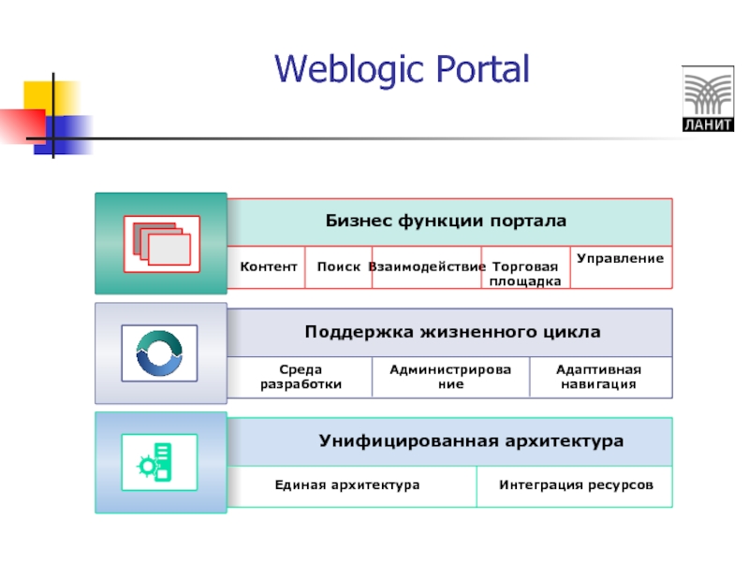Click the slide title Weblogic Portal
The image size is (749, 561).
[402, 68]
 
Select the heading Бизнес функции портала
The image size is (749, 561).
[446, 222]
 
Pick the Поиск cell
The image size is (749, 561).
[338, 266]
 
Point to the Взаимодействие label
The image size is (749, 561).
[426, 266]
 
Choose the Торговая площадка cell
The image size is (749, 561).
[526, 273]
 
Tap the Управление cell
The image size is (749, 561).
[620, 258]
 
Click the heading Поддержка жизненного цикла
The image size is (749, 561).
[452, 332]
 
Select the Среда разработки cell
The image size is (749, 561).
[301, 377]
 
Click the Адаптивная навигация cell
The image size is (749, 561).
[598, 377]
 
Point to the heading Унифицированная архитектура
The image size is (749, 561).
[470, 439]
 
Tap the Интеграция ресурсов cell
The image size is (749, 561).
[574, 485]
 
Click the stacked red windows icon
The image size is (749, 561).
[161, 243]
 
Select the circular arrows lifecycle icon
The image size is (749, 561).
[159, 352]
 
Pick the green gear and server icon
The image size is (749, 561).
[159, 462]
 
